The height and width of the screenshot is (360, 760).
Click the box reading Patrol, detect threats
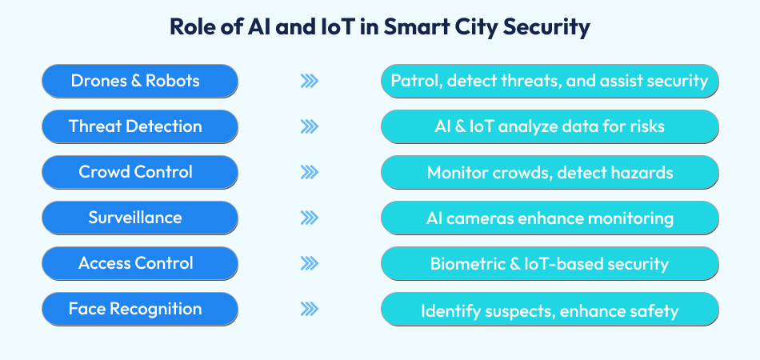click(550, 81)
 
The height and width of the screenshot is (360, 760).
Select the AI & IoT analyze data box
click(550, 126)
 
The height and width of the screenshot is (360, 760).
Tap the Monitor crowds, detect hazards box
click(550, 172)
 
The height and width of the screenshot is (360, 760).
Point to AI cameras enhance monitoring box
click(550, 218)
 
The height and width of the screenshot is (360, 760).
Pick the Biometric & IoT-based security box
click(550, 263)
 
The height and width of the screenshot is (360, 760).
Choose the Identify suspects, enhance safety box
click(550, 309)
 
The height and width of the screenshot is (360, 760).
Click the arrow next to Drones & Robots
click(310, 81)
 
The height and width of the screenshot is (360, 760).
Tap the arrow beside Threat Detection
click(310, 126)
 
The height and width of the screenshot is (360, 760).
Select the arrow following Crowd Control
click(310, 172)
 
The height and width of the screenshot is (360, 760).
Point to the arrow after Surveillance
click(310, 218)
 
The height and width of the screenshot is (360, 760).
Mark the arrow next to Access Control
click(310, 263)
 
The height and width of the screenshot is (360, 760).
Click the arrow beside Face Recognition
click(310, 309)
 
